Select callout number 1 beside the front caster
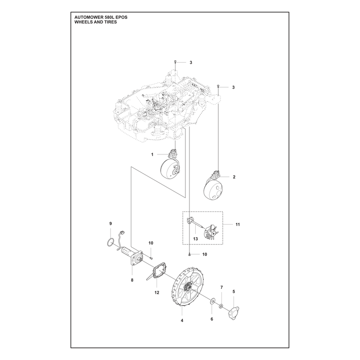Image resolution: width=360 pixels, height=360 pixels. click(x=152, y=154)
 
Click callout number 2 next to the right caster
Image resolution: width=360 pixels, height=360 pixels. click(x=234, y=177)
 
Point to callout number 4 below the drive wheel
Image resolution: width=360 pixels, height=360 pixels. click(x=182, y=320)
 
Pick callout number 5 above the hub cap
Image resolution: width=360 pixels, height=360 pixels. click(x=234, y=292)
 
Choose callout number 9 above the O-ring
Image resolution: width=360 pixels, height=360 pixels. click(x=110, y=223)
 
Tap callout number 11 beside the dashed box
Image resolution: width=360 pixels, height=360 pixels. click(x=238, y=224)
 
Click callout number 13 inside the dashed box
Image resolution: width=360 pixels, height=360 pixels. click(x=195, y=239)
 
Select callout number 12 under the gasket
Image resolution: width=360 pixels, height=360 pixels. click(x=157, y=292)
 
